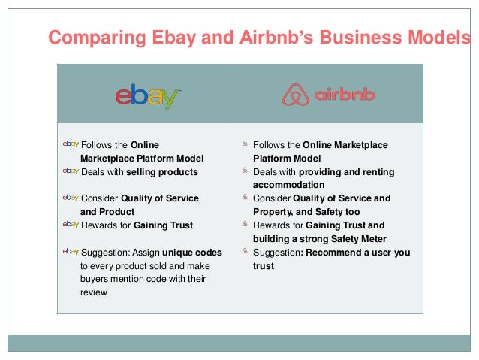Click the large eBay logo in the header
pyautogui.click(x=147, y=95)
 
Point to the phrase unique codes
pyautogui.click(x=191, y=253)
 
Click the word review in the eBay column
pyautogui.click(x=93, y=293)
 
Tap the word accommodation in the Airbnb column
pyautogui.click(x=288, y=185)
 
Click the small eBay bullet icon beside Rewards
pyautogui.click(x=70, y=225)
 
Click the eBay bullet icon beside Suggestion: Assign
pyautogui.click(x=70, y=252)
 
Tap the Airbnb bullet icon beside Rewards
pyautogui.click(x=245, y=225)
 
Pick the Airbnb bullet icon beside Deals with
pyautogui.click(x=245, y=171)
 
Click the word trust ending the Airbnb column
pyautogui.click(x=264, y=266)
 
